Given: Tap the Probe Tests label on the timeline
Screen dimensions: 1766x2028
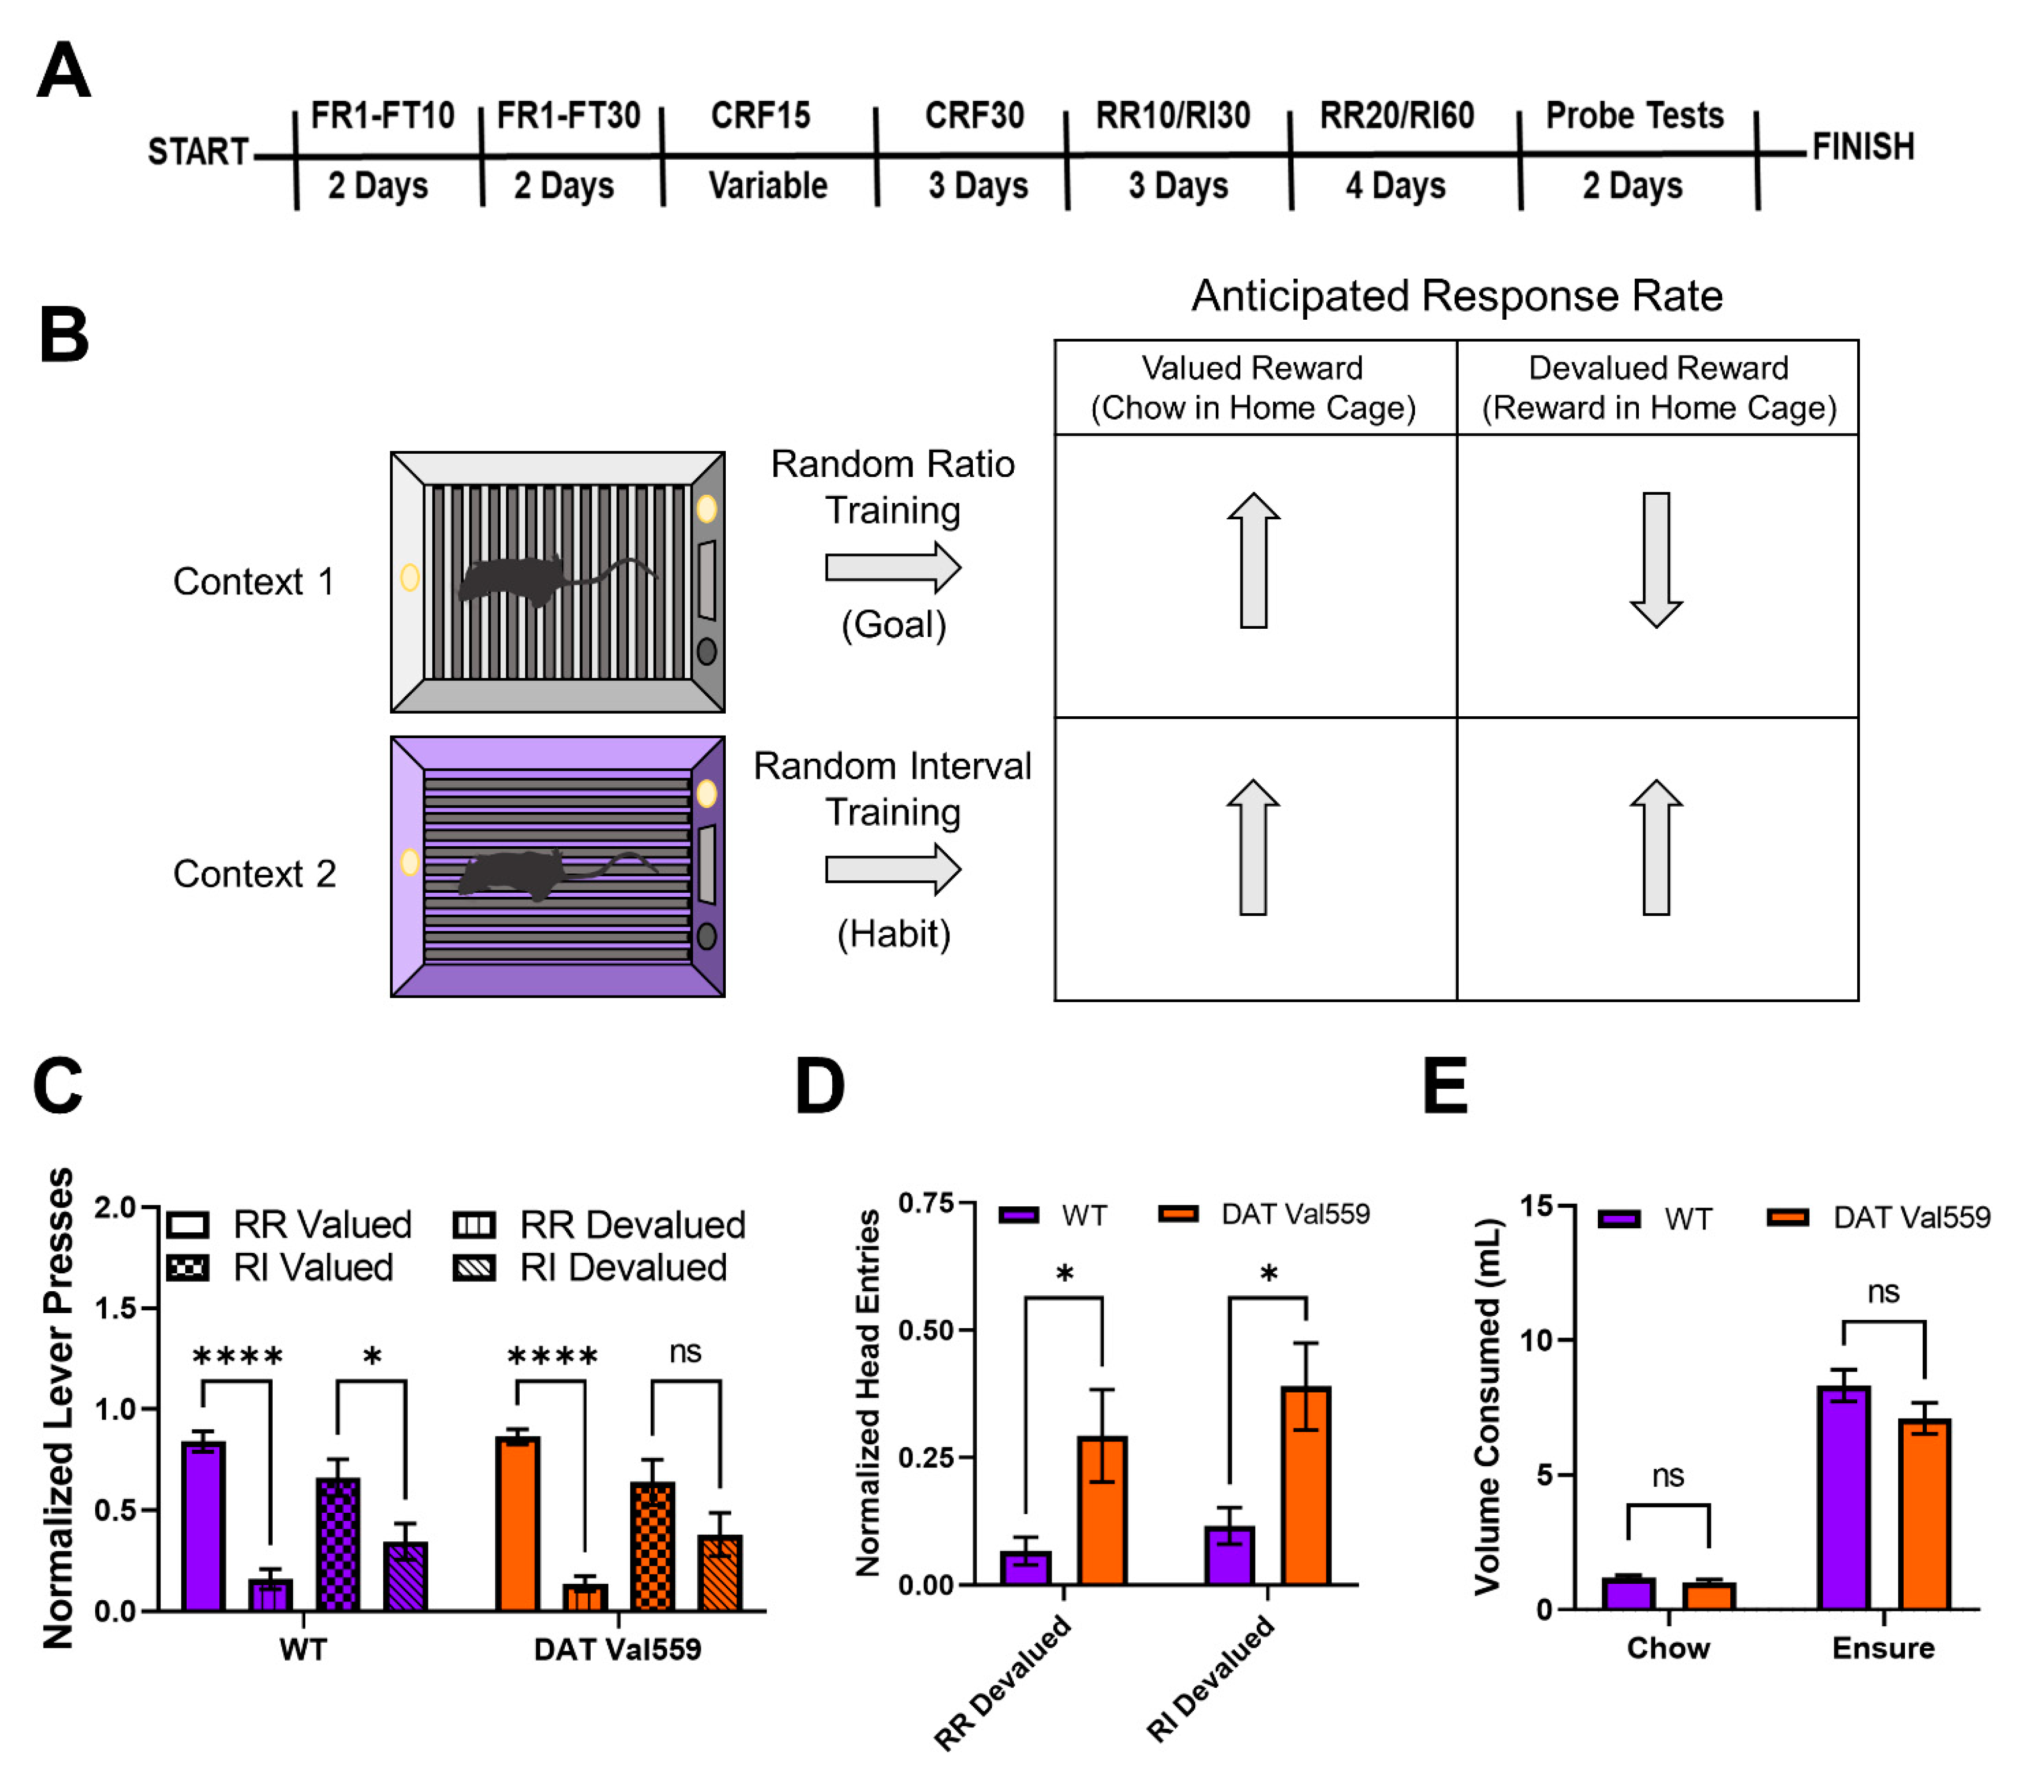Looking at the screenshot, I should (x=1634, y=116).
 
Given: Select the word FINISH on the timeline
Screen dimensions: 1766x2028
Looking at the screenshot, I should (x=1862, y=148).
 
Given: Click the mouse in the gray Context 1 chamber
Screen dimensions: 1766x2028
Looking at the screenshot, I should (x=512, y=582).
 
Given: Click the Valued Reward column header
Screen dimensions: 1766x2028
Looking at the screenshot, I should (x=1253, y=387).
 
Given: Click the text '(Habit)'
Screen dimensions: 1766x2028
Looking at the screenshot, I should (x=893, y=933).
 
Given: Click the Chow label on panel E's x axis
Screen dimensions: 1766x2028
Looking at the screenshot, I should (x=1667, y=1648).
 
